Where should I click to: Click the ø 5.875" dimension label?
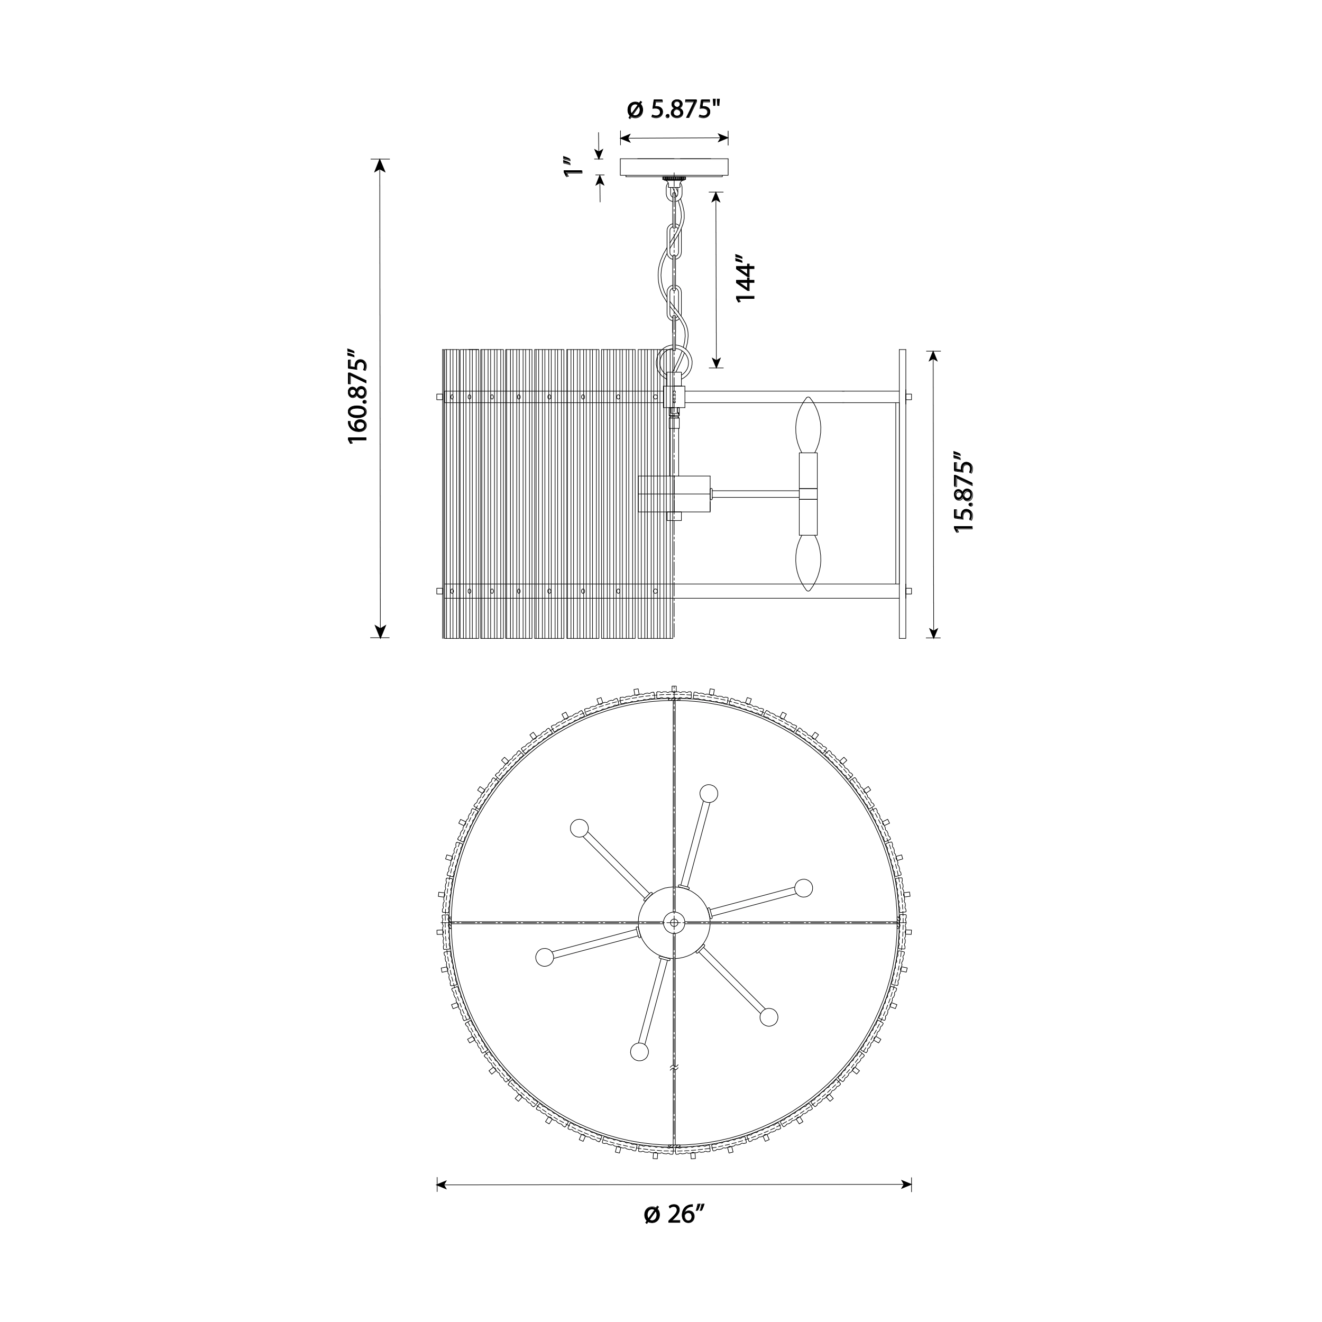tap(674, 109)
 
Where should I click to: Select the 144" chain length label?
tap(745, 279)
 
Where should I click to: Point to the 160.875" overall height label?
tap(359, 398)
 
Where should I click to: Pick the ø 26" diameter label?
tap(674, 1215)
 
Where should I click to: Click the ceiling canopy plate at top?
tap(674, 168)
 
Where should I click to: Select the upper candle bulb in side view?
tap(808, 424)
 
